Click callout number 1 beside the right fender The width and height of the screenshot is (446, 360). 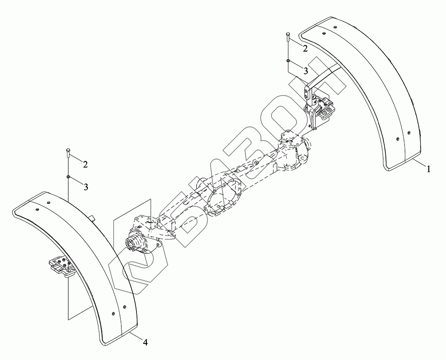(429, 170)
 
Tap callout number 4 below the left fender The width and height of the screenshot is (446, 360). (145, 343)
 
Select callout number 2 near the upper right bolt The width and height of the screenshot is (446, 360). (305, 49)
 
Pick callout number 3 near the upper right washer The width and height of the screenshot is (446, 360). (306, 71)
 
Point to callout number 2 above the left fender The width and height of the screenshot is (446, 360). (85, 164)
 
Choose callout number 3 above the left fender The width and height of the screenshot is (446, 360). (86, 187)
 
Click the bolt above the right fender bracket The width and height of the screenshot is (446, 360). (288, 37)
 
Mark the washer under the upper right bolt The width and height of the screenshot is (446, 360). (288, 61)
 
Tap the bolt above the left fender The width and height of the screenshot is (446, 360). (68, 153)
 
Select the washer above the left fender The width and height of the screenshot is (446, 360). (68, 177)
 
